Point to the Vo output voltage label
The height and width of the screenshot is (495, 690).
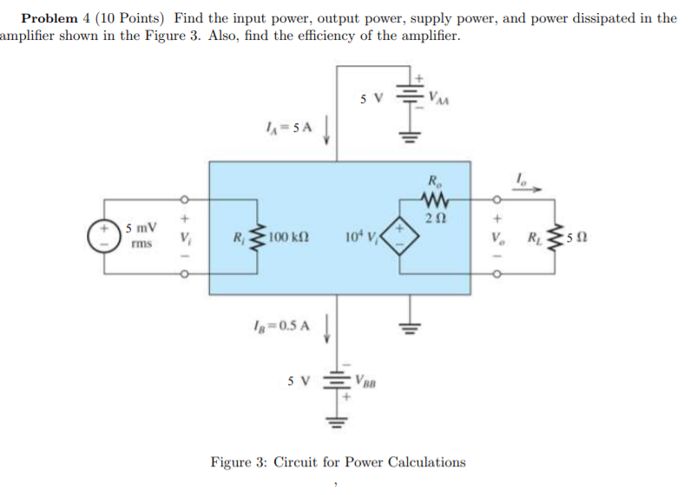(x=496, y=237)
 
